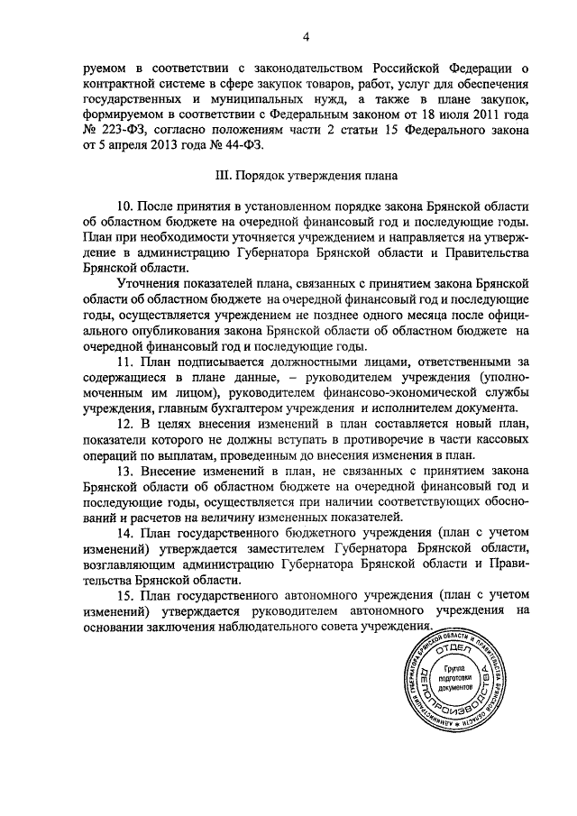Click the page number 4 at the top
click(x=306, y=36)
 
